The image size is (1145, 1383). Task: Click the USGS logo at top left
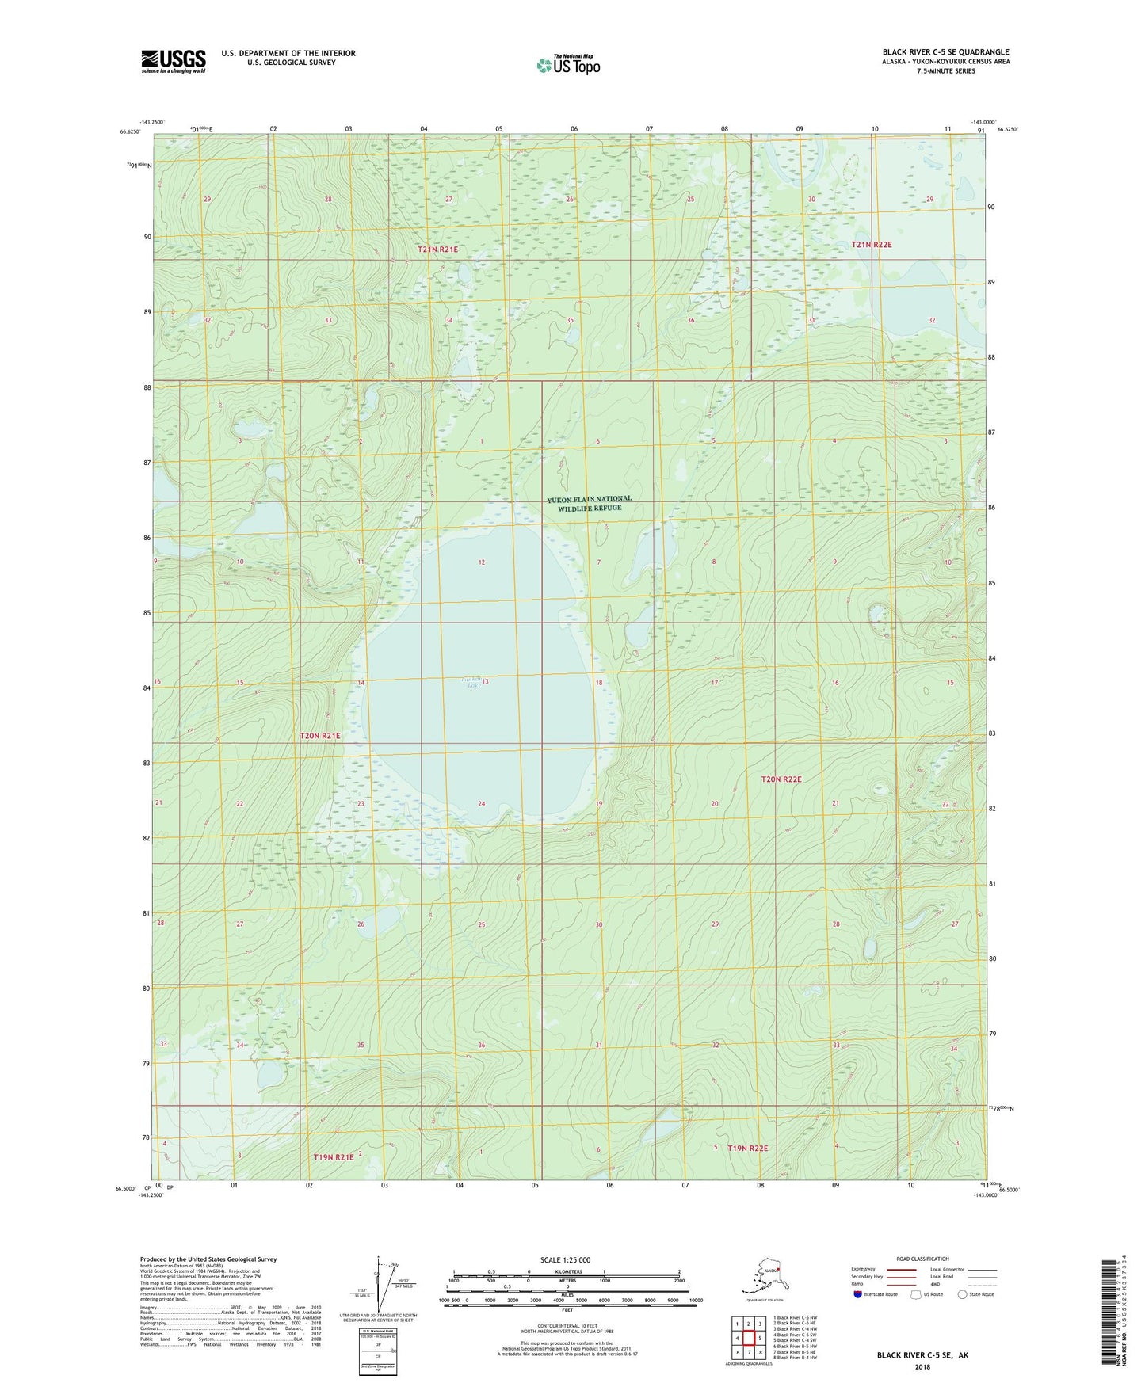coord(173,61)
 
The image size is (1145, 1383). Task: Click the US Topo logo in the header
coord(567,64)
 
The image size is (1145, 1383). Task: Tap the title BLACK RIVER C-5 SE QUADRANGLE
coord(945,52)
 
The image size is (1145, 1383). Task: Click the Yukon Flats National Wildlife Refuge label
coord(590,503)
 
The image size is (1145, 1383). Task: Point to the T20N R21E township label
coord(320,736)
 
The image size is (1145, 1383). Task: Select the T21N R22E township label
coord(872,245)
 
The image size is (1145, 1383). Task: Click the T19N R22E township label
coord(747,1148)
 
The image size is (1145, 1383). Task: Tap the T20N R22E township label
coord(781,779)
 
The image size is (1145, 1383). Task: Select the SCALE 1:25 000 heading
coord(566,1259)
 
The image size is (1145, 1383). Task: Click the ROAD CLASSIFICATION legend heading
coord(922,1259)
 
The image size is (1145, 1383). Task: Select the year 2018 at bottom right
coord(922,1366)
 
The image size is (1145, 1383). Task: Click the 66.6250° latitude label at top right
coord(1007,129)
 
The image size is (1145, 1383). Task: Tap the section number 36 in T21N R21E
coord(690,320)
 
